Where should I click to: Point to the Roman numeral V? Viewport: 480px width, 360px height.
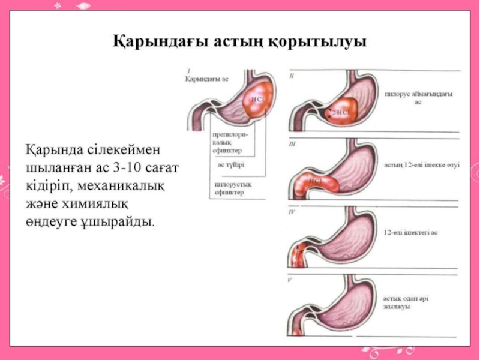(290, 280)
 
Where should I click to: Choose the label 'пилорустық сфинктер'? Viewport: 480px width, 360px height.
(228, 188)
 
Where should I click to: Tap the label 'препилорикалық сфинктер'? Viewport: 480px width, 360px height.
(228, 143)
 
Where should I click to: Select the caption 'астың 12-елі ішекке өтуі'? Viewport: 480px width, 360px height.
(421, 165)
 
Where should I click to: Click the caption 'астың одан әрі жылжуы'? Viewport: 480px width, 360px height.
(409, 302)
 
